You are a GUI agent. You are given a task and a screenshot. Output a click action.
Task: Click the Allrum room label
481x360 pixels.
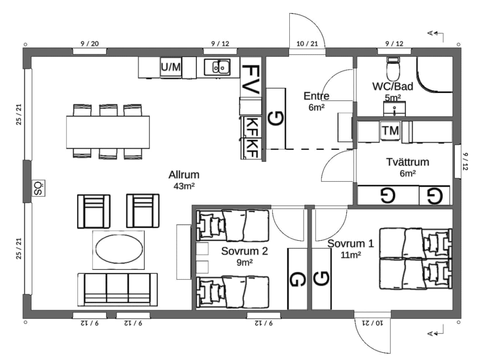[x=184, y=175]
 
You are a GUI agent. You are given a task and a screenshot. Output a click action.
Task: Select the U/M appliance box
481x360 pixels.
[x=171, y=67]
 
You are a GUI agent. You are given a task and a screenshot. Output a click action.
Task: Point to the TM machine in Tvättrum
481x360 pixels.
[x=390, y=131]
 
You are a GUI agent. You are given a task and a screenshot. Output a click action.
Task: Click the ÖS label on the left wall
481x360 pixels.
[x=39, y=188]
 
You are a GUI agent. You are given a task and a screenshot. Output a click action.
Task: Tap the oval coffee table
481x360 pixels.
[x=119, y=249]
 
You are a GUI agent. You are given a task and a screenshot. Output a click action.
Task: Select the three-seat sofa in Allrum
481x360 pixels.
[x=117, y=290]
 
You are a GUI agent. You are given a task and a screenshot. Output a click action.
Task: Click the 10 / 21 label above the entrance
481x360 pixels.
[x=307, y=44]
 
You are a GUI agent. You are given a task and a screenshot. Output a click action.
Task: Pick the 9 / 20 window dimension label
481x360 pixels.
[x=90, y=44]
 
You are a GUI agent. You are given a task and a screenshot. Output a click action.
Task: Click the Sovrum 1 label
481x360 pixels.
[x=350, y=244]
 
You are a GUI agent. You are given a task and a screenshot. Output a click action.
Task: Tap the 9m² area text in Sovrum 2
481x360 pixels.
[x=244, y=262]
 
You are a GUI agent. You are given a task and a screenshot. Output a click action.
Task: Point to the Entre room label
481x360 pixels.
[x=316, y=96]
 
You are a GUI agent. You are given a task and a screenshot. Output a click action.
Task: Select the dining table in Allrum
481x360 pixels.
[x=108, y=132]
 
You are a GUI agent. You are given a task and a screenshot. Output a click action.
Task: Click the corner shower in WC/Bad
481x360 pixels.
[x=434, y=74]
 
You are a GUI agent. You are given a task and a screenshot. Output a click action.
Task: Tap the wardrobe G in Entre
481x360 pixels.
[x=276, y=118]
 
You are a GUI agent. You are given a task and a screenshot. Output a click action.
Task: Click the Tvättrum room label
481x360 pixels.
[x=407, y=162]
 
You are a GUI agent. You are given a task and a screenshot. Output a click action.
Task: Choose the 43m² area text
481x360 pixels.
[x=184, y=186]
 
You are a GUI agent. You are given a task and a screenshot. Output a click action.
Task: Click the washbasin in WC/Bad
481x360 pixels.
[x=395, y=109]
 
